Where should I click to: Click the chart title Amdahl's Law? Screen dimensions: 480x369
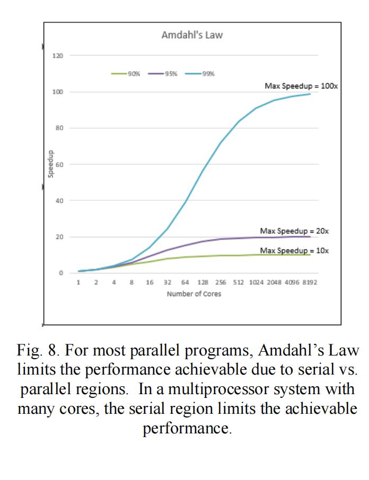click(x=192, y=35)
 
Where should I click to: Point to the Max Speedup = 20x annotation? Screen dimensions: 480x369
click(x=294, y=231)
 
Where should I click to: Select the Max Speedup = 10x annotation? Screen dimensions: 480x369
click(x=294, y=250)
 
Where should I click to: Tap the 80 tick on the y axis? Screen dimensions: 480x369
click(x=59, y=128)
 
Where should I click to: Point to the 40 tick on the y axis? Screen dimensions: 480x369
click(x=59, y=201)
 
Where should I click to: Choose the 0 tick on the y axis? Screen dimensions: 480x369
click(x=61, y=273)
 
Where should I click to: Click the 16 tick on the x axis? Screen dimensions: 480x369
click(x=150, y=282)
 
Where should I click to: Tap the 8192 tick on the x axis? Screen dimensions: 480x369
click(x=310, y=282)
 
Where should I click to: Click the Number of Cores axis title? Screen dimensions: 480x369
click(x=194, y=294)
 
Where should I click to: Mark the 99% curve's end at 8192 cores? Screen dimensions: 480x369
click(x=310, y=94)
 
